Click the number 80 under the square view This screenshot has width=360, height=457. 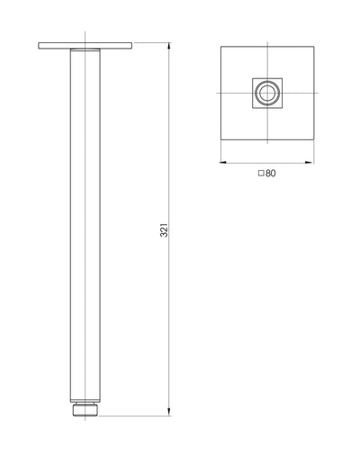(271, 174)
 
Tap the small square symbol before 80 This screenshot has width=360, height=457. (261, 174)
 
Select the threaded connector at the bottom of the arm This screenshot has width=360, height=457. (86, 409)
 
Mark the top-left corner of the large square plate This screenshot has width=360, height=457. (221, 47)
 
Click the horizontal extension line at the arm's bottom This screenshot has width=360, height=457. (135, 415)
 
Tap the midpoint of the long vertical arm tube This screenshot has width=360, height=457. (86, 225)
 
